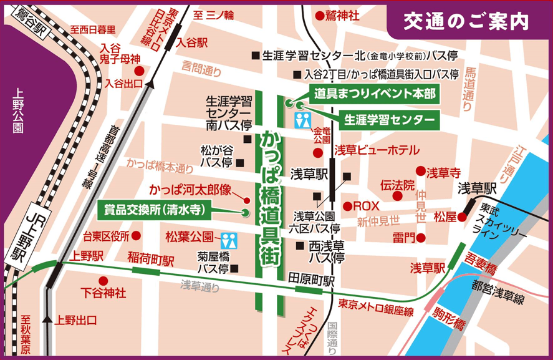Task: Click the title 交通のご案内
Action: point(466,21)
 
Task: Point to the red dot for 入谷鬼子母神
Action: point(140,71)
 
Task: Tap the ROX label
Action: point(367,205)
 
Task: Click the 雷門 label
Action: point(403,238)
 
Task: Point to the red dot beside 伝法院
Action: point(397,197)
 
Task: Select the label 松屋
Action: point(445,216)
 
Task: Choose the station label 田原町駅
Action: point(311,279)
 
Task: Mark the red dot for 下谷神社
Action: point(103,281)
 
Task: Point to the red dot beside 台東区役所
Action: point(137,236)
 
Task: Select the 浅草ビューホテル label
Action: point(377,150)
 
